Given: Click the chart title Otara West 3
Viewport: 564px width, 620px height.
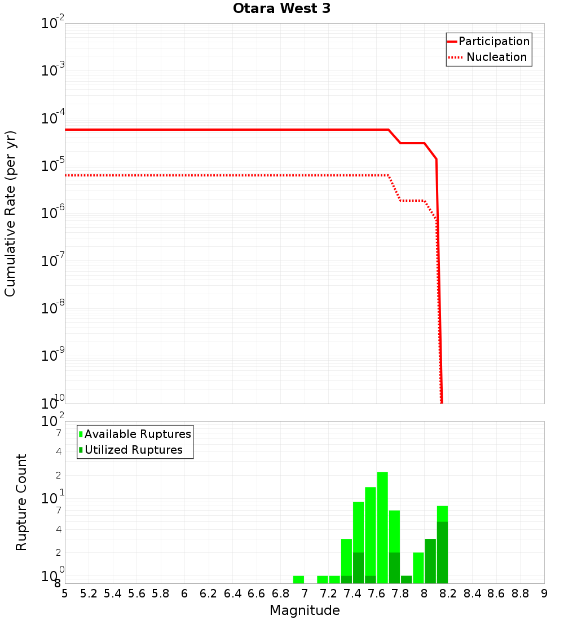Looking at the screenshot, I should (x=282, y=9).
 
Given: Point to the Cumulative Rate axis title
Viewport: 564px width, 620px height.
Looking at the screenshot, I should (x=10, y=214).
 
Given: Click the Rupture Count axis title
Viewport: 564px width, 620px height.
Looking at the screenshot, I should (x=21, y=502).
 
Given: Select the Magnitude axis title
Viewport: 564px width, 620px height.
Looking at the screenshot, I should (x=305, y=610).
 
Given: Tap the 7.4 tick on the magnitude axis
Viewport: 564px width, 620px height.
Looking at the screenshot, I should (x=352, y=594).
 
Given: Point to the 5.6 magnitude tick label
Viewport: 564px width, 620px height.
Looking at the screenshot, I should (x=136, y=594).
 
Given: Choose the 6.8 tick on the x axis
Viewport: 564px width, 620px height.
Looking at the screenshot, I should (x=280, y=594).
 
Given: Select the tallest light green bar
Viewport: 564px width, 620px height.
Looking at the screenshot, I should (x=382, y=527).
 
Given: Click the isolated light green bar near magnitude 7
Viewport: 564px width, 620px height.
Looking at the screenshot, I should (x=298, y=579).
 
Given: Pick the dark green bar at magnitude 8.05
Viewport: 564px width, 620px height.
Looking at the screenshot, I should (x=430, y=561).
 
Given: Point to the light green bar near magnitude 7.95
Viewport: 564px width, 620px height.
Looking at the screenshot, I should (x=418, y=568).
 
